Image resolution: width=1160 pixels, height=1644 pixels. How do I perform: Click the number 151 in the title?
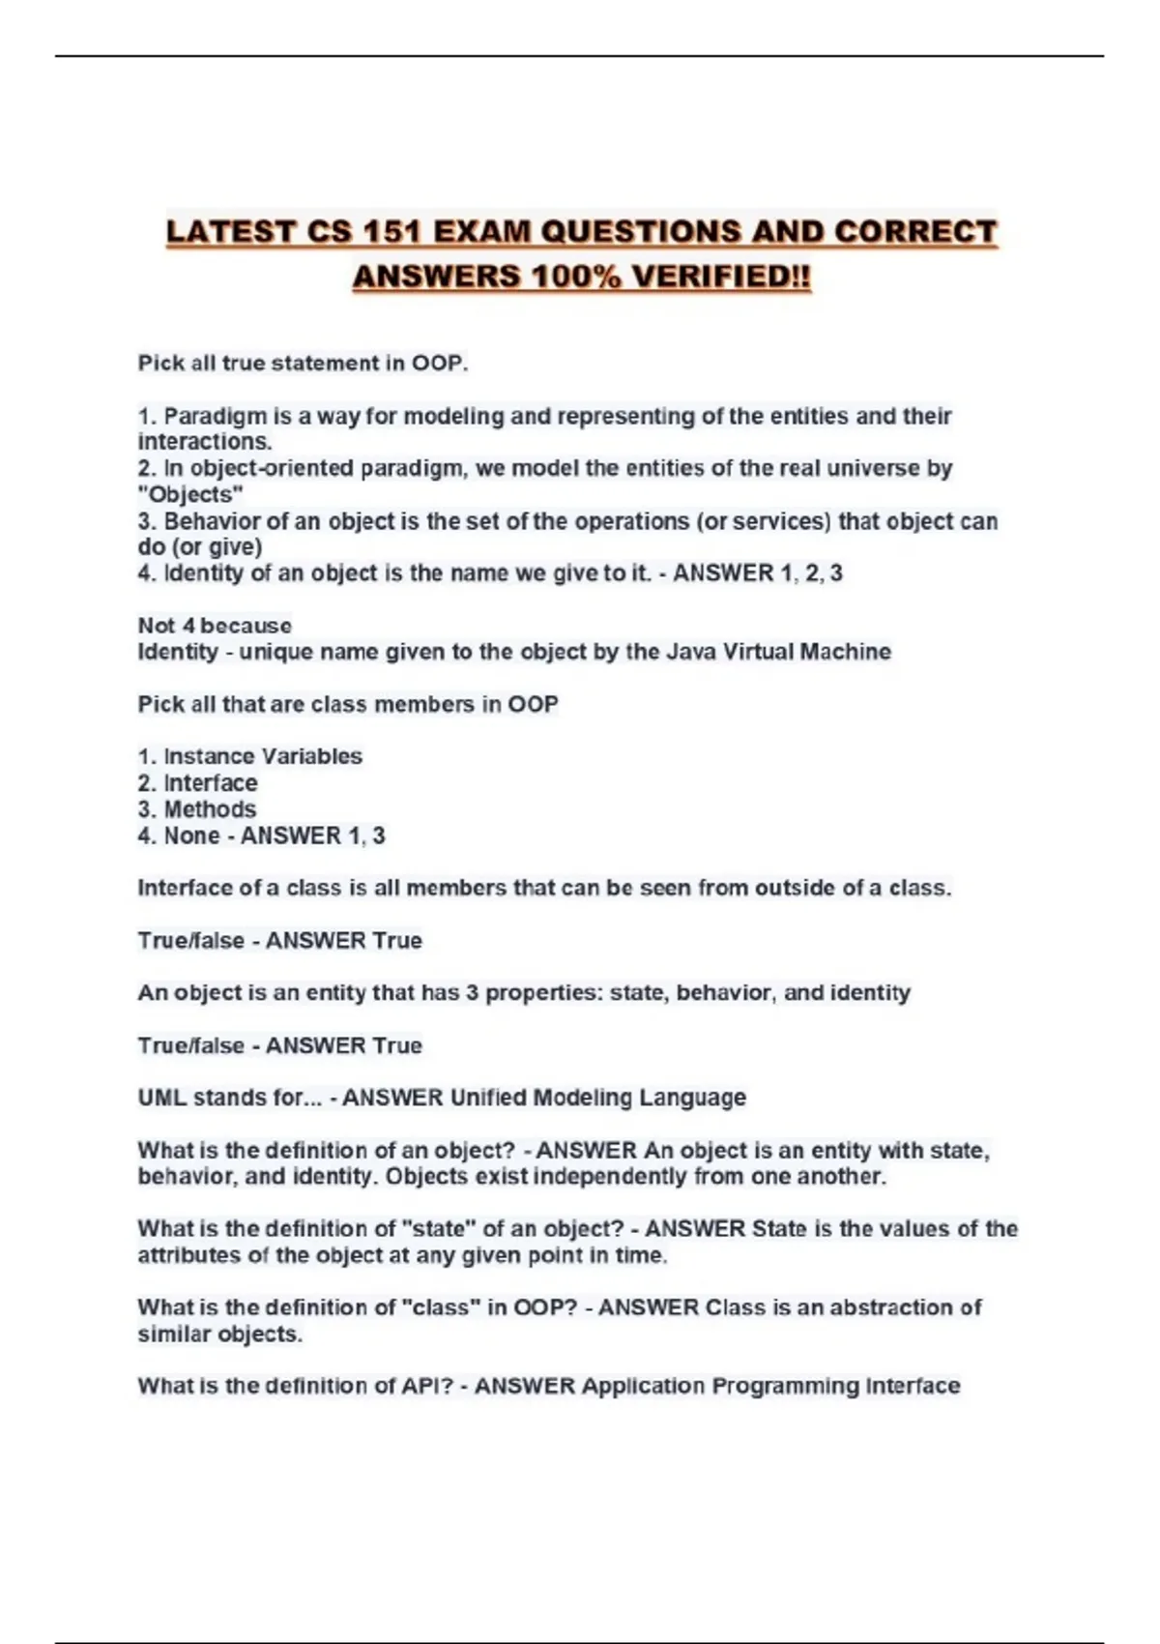(x=392, y=232)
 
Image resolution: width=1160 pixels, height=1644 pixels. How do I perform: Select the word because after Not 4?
(x=246, y=626)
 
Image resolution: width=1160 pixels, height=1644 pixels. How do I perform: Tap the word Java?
(x=692, y=652)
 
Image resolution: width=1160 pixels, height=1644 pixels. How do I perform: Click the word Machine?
(x=845, y=652)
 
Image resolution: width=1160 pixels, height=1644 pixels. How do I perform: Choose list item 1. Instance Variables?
(x=250, y=756)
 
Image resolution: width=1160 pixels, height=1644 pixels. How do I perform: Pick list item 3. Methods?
(x=197, y=809)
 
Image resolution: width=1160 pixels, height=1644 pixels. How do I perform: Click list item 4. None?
(x=179, y=836)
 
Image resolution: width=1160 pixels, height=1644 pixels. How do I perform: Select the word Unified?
(x=488, y=1099)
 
